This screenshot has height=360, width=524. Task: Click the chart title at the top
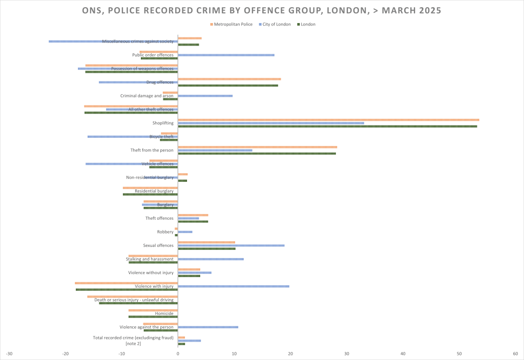[x=262, y=10]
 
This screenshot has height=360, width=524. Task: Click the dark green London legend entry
[x=308, y=24]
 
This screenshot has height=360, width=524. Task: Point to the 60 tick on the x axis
[x=515, y=353]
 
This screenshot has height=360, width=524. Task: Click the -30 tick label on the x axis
[x=9, y=353]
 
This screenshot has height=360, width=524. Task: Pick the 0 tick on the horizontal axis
[x=178, y=353]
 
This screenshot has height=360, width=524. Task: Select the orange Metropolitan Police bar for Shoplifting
[x=328, y=120]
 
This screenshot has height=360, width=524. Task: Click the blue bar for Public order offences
[x=226, y=55]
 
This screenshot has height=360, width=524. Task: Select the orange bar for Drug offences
[x=229, y=79]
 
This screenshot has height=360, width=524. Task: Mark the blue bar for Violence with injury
[x=233, y=286]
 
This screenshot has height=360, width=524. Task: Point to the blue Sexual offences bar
[x=231, y=245]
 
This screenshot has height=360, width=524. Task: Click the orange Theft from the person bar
[x=257, y=147]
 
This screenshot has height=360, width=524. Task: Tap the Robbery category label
[x=165, y=232]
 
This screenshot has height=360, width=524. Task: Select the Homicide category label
[x=164, y=313]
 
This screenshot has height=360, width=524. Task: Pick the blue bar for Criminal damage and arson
[x=205, y=96]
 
